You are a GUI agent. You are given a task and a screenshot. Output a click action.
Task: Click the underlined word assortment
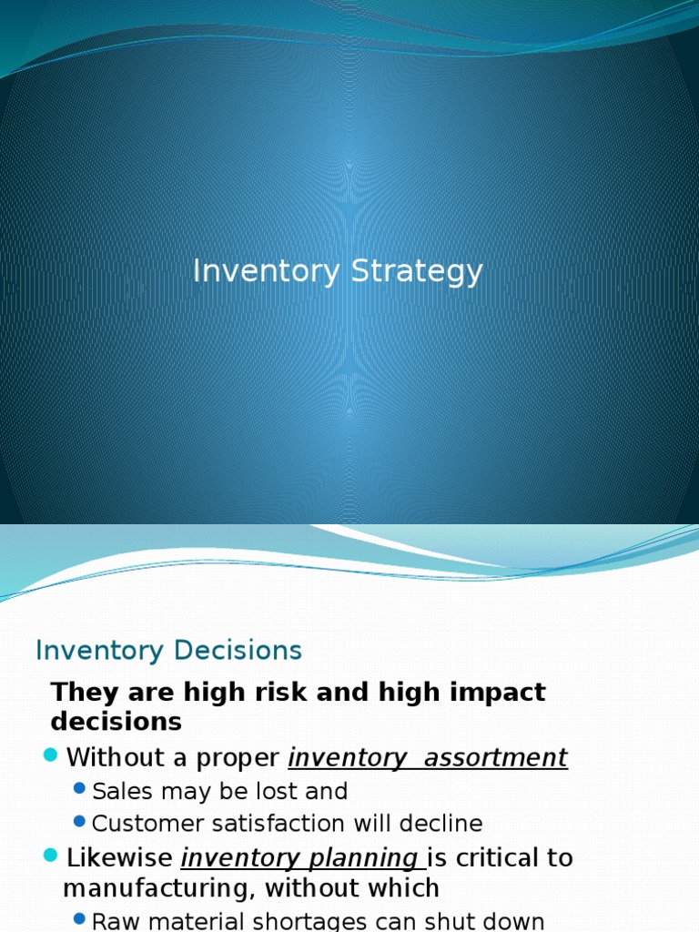click(x=495, y=757)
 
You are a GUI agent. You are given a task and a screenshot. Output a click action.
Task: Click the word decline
click(x=445, y=824)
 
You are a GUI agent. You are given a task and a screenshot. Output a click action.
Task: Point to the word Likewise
click(x=119, y=857)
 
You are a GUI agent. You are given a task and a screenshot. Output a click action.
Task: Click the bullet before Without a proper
click(x=50, y=755)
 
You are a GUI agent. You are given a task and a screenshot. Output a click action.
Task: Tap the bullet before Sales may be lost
click(x=79, y=789)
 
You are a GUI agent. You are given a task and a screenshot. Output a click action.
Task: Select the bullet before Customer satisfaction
click(x=79, y=822)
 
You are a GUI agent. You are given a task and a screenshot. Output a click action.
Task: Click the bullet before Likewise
click(x=50, y=855)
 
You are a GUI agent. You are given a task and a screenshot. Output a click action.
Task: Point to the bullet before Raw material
click(x=79, y=918)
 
